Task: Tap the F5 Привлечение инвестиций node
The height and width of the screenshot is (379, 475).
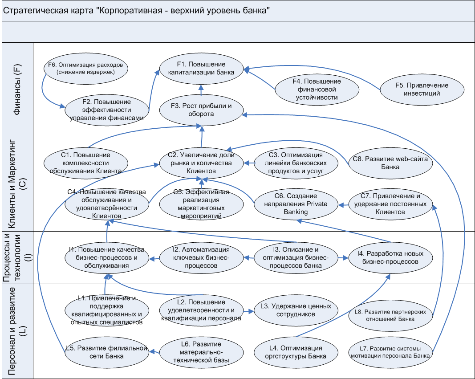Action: [x=422, y=89]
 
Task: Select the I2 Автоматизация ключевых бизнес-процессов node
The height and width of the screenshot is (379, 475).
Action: [x=201, y=258]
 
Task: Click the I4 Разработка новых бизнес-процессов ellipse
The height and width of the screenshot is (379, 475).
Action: [x=390, y=258]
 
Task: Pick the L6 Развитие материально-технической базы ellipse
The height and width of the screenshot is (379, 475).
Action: [x=201, y=352]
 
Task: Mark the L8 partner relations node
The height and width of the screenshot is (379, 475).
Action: [x=390, y=315]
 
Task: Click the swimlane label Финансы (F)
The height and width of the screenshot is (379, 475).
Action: [x=18, y=90]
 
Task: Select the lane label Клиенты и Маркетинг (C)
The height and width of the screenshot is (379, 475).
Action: [x=18, y=184]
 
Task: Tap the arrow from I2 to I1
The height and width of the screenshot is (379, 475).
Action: [x=154, y=258]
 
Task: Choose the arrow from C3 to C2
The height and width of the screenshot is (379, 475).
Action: [x=249, y=163]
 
